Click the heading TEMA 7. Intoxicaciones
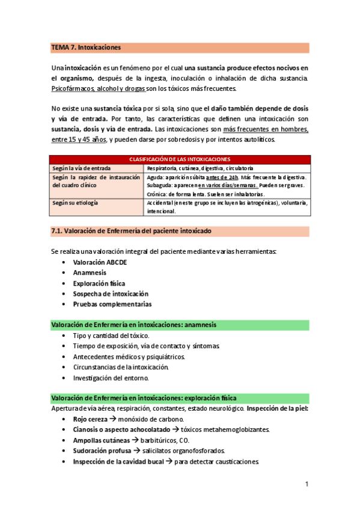[87, 47]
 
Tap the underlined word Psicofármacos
[73, 88]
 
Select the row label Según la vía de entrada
[81, 168]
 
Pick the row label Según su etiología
[75, 203]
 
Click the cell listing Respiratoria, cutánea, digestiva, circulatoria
[200, 168]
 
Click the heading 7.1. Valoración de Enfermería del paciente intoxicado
[131, 231]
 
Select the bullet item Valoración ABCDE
[100, 262]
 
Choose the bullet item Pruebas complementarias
[112, 304]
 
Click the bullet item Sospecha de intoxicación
[110, 293]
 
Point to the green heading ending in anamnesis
[134, 325]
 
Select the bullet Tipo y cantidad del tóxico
[111, 335]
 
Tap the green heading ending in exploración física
[144, 398]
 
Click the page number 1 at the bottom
[307, 484]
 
